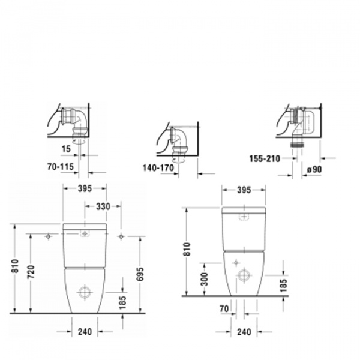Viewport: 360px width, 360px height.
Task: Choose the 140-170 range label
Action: (x=158, y=169)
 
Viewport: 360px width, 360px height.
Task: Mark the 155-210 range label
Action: (x=263, y=159)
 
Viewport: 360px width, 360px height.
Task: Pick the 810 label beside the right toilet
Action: (x=187, y=249)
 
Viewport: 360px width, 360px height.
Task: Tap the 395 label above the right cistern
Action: (x=244, y=190)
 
